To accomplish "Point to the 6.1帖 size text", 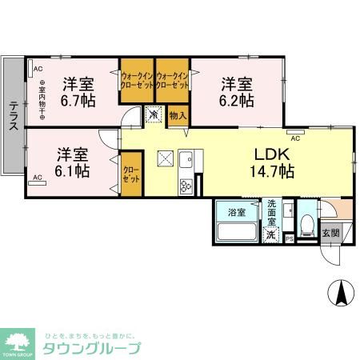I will click(x=73, y=170).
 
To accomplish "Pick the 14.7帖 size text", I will click(x=271, y=171).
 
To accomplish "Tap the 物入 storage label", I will click(x=178, y=116).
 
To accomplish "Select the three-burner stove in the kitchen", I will click(x=186, y=187).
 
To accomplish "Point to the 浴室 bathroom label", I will click(x=237, y=212).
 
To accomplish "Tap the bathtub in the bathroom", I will click(x=237, y=233).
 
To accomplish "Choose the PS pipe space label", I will click(x=290, y=238).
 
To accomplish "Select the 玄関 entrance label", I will click(x=330, y=233).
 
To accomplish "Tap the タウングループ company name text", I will click(x=94, y=348).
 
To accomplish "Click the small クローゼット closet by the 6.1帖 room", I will click(x=130, y=174).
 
